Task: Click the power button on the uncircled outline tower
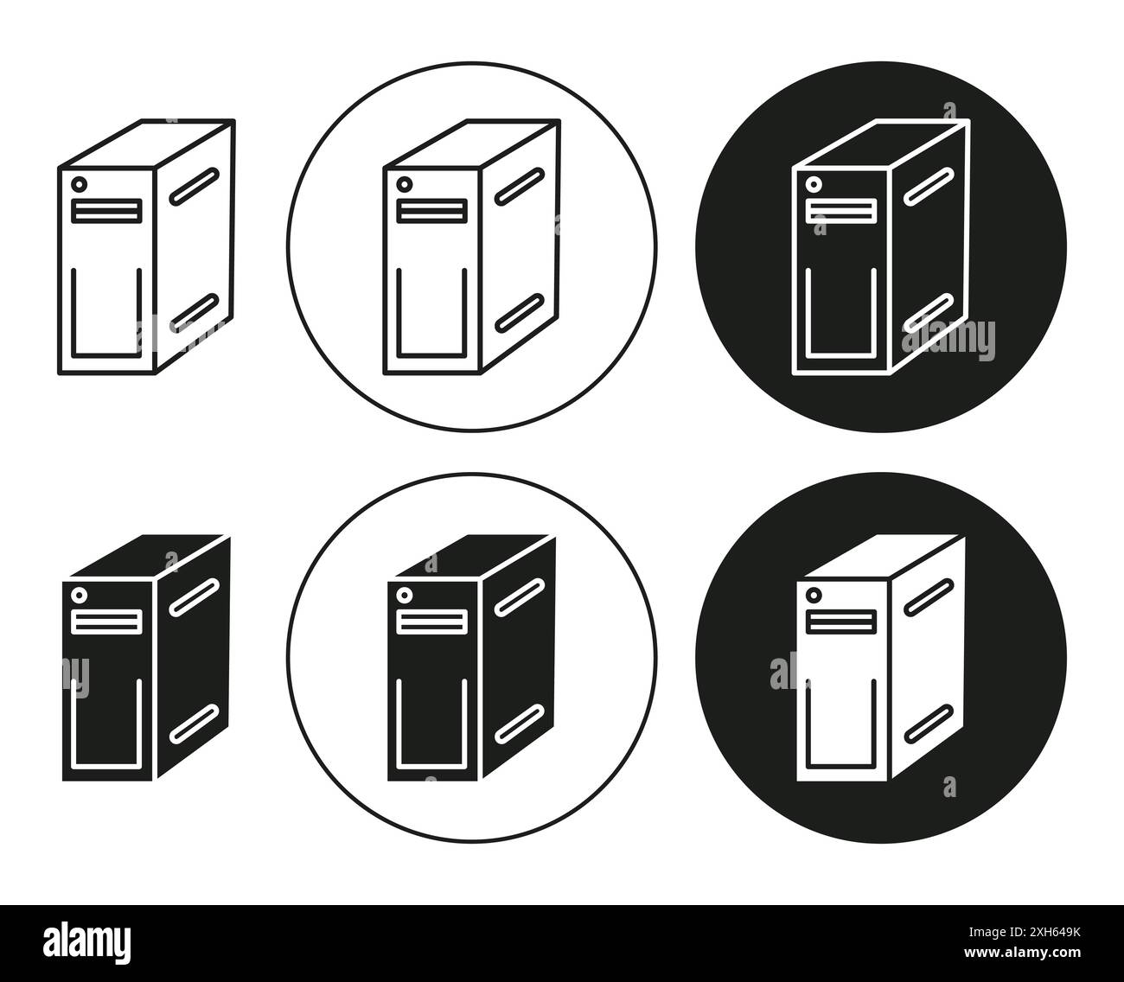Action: coord(80,184)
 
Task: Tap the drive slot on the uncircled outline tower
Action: coord(106,211)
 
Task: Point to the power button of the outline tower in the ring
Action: coord(404,184)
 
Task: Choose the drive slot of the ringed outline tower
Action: coord(431,211)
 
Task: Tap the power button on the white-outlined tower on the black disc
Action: coord(814,184)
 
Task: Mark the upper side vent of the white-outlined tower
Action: coord(927,188)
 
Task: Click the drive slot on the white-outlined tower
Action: coord(840,211)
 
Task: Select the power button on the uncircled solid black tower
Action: coord(80,595)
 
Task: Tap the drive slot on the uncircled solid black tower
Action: coord(106,622)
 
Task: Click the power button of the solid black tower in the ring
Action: coord(404,595)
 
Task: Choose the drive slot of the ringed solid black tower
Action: coord(431,622)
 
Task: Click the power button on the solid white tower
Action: coord(814,595)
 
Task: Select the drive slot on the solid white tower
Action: coord(840,622)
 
